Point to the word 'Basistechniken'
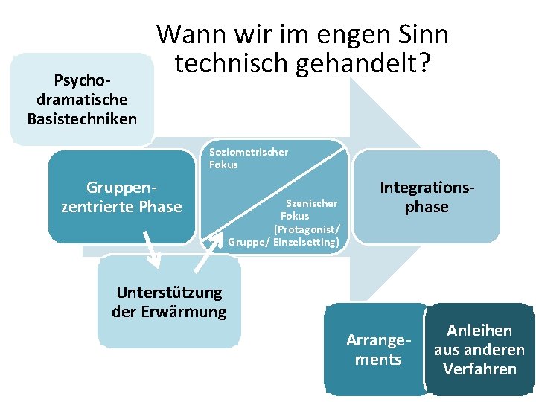tap(82, 118)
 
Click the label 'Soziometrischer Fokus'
tap(248, 159)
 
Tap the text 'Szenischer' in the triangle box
tap(312, 203)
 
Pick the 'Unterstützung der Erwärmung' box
tap(169, 301)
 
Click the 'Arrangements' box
tap(377, 350)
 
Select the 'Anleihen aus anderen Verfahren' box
tap(479, 349)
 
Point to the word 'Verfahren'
tap(479, 369)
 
